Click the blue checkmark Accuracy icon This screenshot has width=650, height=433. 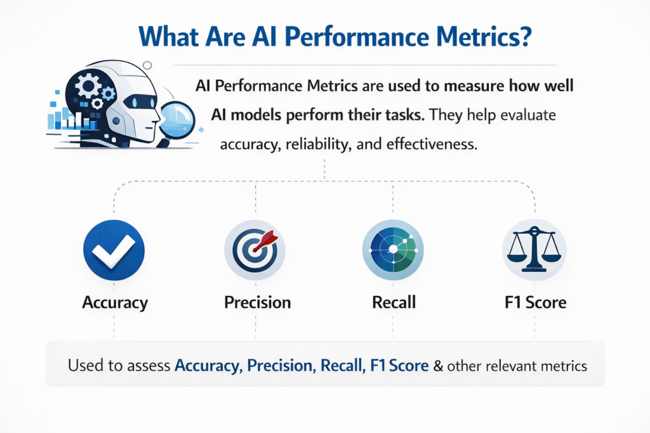(114, 250)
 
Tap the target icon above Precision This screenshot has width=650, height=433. (255, 250)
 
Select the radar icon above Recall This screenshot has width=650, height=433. (394, 250)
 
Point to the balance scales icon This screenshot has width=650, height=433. (534, 250)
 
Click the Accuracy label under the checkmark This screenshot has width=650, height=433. (115, 302)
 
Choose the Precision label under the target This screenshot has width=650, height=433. (258, 302)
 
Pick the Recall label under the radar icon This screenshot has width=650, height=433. (394, 302)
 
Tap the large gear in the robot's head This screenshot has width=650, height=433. (88, 84)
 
